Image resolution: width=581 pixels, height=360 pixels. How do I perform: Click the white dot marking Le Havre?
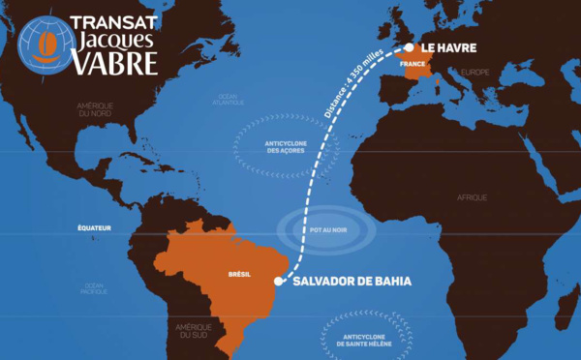click(409, 46)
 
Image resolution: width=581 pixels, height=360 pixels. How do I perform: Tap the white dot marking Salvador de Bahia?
click(278, 282)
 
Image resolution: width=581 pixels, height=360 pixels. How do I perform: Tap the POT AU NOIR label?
click(320, 235)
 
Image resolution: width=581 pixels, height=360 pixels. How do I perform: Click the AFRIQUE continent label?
click(473, 197)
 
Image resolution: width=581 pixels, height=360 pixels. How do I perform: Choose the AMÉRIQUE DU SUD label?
click(194, 330)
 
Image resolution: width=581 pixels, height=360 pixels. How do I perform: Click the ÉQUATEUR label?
click(96, 227)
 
